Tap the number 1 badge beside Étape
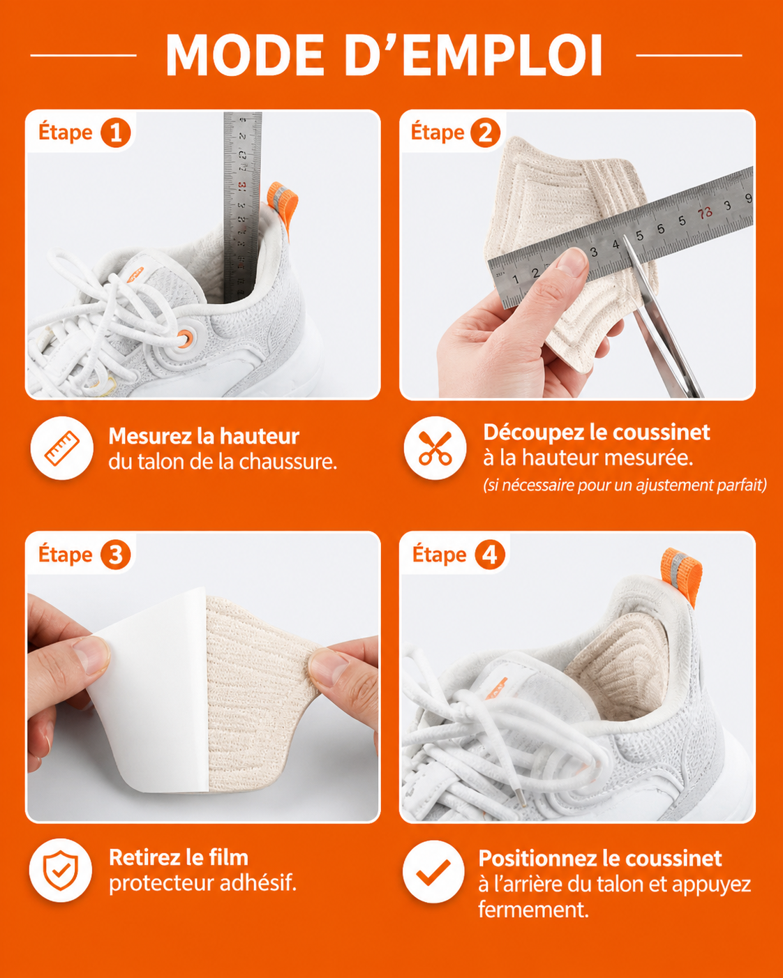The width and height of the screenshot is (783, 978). pos(116,133)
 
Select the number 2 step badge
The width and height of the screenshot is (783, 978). pos(485,133)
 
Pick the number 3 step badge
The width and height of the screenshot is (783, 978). pos(116,555)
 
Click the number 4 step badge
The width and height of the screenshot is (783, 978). pos(490,555)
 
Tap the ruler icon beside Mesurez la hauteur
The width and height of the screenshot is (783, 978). pos(62,448)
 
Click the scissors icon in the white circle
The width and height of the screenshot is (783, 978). pos(435,448)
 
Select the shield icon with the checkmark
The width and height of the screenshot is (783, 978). pos(61,871)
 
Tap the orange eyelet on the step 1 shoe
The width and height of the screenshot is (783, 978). pos(184,338)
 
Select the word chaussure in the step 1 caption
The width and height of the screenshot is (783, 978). pos(288,462)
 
